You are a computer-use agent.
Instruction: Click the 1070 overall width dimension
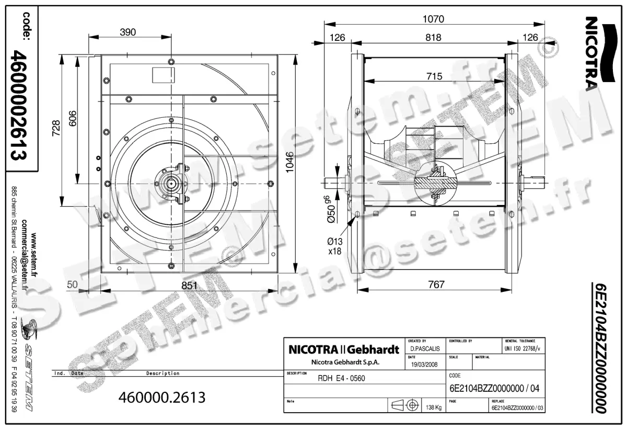pos(433,19)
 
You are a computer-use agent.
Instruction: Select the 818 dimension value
pos(433,38)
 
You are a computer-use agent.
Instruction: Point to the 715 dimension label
pos(434,76)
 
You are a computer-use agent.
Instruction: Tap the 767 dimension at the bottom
pos(436,285)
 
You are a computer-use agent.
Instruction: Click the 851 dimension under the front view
pos(189,286)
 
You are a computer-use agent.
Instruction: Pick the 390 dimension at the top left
pos(127,32)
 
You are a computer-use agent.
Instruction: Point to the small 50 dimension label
pos(72,285)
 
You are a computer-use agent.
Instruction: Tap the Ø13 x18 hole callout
pos(334,245)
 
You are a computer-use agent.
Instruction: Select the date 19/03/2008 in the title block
pos(424,365)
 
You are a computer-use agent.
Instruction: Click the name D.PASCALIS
pos(424,348)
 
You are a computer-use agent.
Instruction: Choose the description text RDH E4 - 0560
pos(341,379)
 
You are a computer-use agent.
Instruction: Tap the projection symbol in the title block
pos(405,405)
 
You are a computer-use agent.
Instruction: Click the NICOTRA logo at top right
pos(593,52)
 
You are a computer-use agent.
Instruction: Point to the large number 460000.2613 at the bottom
pos(162,397)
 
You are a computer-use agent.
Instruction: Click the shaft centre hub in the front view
pos(171,184)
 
